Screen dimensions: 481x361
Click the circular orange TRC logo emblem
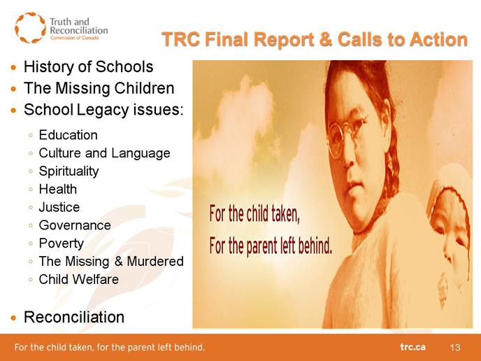coord(30,27)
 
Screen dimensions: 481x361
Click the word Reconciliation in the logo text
coord(79,30)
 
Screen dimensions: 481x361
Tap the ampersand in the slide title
coord(324,40)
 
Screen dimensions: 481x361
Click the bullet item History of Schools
coord(88,66)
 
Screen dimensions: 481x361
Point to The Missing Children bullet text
coord(99,88)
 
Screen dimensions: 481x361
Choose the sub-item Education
coord(68,135)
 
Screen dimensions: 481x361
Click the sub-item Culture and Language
coord(104,153)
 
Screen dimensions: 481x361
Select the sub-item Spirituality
coord(69,171)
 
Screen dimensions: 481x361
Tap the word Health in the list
coord(57,189)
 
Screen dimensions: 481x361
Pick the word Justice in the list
coord(59,207)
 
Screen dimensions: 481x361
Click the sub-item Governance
coord(75,225)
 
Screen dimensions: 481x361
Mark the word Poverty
coord(62,243)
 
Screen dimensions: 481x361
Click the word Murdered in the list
coord(155,261)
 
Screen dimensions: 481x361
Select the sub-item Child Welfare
coord(78,279)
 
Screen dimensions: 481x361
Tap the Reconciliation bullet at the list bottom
coord(74,317)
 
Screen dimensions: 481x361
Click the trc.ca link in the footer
coord(412,347)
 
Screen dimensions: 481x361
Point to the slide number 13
coord(455,347)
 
